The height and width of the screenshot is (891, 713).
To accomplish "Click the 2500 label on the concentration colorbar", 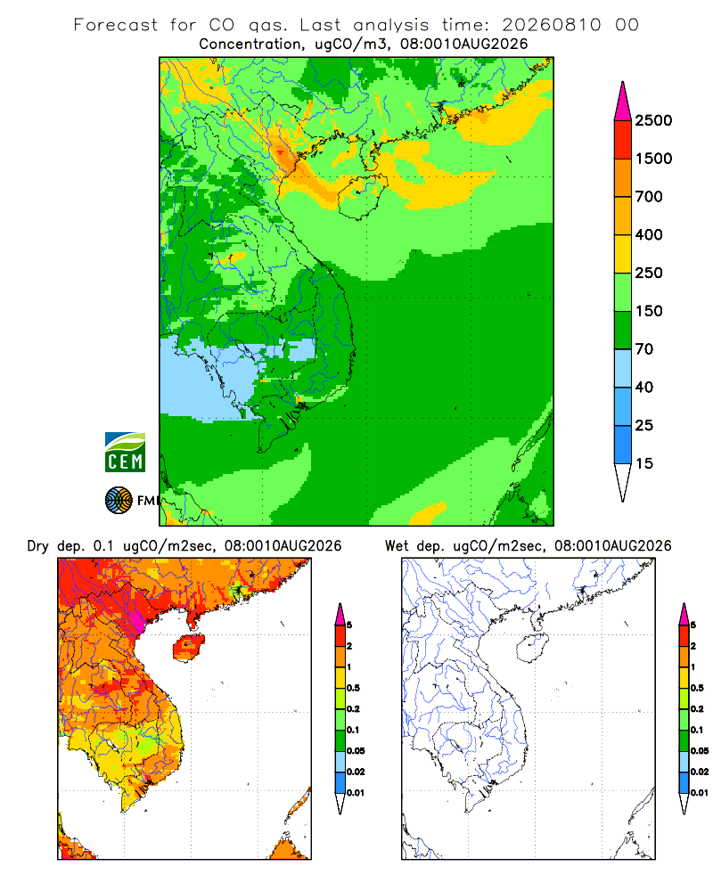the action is pyautogui.click(x=653, y=120).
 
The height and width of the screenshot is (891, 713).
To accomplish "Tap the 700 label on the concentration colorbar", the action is pyautogui.click(x=649, y=197).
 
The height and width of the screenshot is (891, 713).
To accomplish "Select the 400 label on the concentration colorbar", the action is pyautogui.click(x=649, y=234).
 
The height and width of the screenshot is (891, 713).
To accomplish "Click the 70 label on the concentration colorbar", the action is pyautogui.click(x=644, y=349).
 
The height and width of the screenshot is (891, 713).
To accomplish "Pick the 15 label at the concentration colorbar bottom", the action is pyautogui.click(x=644, y=463).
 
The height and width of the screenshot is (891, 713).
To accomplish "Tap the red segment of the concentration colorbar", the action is pyautogui.click(x=623, y=140).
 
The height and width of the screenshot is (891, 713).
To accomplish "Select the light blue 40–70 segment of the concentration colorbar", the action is pyautogui.click(x=623, y=368).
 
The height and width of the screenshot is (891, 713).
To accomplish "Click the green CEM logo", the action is pyautogui.click(x=125, y=453).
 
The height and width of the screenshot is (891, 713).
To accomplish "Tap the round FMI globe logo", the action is pyautogui.click(x=119, y=501).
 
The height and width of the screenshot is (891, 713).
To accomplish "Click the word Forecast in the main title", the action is pyautogui.click(x=116, y=25).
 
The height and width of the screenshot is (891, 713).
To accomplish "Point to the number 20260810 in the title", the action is pyautogui.click(x=551, y=25).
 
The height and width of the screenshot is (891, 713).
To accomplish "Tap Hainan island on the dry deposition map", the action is pyautogui.click(x=188, y=647).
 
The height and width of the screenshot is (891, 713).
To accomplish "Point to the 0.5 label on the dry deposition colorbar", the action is pyautogui.click(x=353, y=688).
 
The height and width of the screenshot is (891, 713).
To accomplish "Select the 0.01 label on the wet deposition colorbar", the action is pyautogui.click(x=700, y=793).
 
